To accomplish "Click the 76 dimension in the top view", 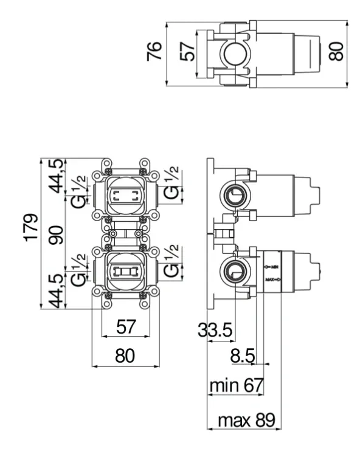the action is [154, 52].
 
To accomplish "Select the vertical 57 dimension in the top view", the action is [188, 52].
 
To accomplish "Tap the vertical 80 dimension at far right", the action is [336, 52].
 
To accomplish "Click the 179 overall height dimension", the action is [31, 227].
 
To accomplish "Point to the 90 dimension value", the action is [56, 235].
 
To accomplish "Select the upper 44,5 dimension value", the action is [56, 176].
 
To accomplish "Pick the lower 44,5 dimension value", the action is [56, 291].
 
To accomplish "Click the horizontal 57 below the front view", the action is [126, 326].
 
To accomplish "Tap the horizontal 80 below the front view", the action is [125, 355].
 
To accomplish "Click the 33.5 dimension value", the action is [215, 330].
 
